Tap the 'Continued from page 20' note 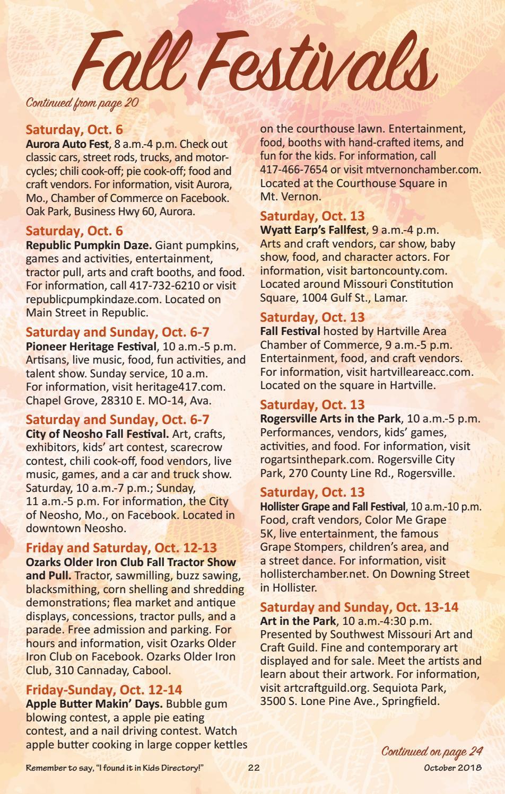(82, 103)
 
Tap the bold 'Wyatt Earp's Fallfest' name (312, 230)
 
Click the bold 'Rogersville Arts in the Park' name (330, 418)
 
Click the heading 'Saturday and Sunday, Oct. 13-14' (359, 607)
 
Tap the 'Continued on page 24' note (432, 751)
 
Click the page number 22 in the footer (254, 768)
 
